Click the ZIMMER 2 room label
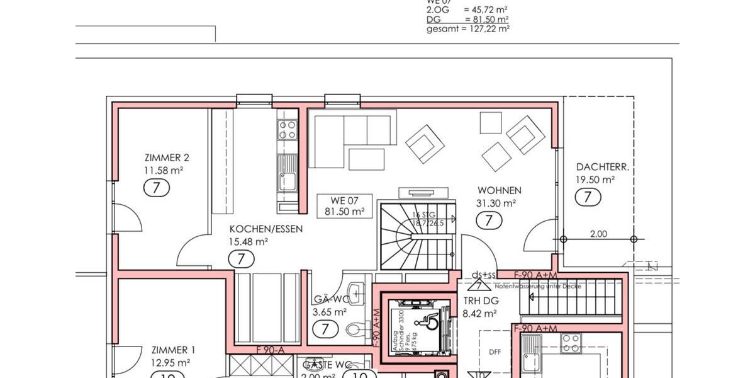[x=166, y=158]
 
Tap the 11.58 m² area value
[x=164, y=170]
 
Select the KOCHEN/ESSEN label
[x=266, y=229]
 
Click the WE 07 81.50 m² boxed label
[x=345, y=206]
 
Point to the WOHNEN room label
[x=499, y=190]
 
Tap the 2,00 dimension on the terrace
[x=598, y=234]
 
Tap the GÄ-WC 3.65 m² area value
[x=330, y=312]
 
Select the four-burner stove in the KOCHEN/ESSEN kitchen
[x=288, y=130]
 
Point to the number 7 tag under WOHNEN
[x=489, y=220]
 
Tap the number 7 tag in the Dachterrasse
[x=588, y=197]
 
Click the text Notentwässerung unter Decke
[x=538, y=287]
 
